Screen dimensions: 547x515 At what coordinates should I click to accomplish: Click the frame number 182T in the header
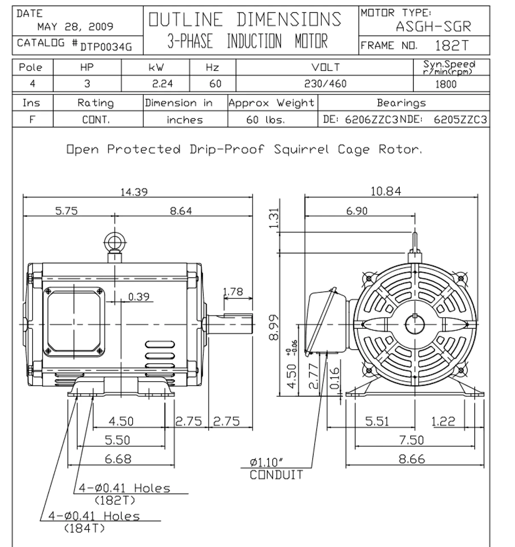(452, 46)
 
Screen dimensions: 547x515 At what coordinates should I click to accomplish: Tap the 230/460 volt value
(325, 84)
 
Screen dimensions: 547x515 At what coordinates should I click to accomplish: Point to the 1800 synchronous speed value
(446, 84)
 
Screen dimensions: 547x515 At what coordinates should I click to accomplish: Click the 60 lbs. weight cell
(265, 120)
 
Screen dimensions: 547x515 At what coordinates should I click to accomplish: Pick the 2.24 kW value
(163, 84)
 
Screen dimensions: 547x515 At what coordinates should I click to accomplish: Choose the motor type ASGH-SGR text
(433, 26)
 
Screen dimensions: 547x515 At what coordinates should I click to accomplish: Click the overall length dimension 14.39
(133, 192)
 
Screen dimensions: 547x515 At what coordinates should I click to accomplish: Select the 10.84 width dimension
(386, 191)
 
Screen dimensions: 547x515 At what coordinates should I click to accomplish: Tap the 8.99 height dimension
(274, 328)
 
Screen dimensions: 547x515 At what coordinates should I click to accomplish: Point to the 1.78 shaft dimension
(233, 292)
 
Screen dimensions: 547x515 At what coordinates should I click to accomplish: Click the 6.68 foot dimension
(118, 459)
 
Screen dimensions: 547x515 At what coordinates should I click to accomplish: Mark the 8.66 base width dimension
(411, 459)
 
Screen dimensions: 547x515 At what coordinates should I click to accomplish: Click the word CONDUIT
(276, 475)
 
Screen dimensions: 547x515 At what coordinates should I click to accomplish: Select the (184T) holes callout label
(84, 528)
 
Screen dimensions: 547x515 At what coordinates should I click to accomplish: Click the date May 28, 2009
(75, 27)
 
